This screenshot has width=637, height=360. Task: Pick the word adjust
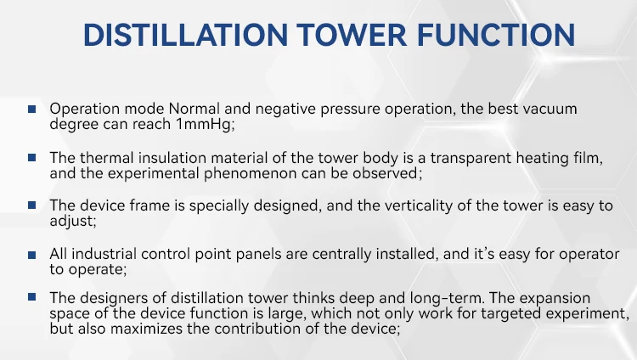pyautogui.click(x=70, y=222)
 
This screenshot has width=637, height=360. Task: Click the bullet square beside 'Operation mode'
pyautogui.click(x=32, y=110)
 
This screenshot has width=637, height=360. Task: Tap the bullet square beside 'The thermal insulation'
pyautogui.click(x=32, y=158)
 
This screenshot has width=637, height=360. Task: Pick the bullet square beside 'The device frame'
pyautogui.click(x=32, y=206)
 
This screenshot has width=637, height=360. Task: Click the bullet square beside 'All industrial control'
pyautogui.click(x=32, y=255)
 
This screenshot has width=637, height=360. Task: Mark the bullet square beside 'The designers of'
pyautogui.click(x=32, y=297)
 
